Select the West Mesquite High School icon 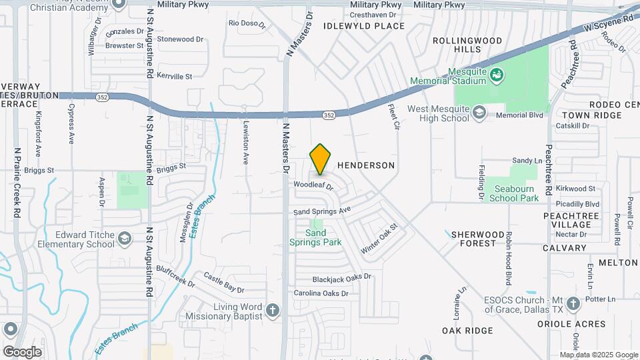pyautogui.click(x=479, y=113)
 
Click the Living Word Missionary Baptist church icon pyautogui.click(x=272, y=310)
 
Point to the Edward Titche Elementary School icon pyautogui.click(x=125, y=239)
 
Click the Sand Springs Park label pyautogui.click(x=324, y=237)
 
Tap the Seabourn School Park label pyautogui.click(x=514, y=193)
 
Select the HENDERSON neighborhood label pyautogui.click(x=366, y=165)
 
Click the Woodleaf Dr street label pyautogui.click(x=313, y=185)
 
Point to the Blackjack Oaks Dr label pyautogui.click(x=342, y=278)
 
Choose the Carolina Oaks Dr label pyautogui.click(x=321, y=293)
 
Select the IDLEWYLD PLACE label pyautogui.click(x=364, y=26)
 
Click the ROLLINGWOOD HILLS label pyautogui.click(x=467, y=45)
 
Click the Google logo pyautogui.click(x=22, y=351)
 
